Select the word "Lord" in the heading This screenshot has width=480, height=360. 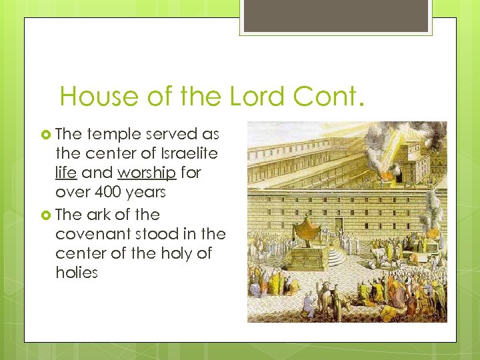point(262,97)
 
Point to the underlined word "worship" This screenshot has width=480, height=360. point(145,172)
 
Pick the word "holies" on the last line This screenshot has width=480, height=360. point(77,273)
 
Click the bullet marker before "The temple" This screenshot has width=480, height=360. point(46,134)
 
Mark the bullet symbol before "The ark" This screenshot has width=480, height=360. point(46,215)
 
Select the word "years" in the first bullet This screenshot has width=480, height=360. point(149,191)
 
